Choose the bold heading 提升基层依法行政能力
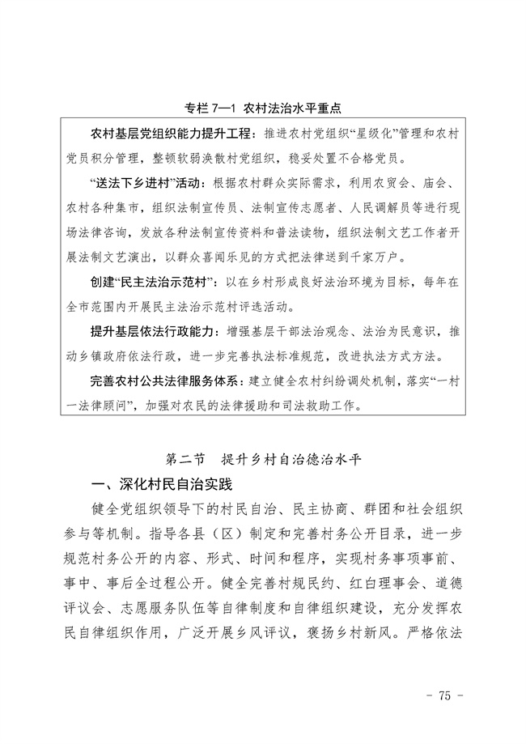click(x=156, y=333)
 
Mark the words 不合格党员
click(x=371, y=157)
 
